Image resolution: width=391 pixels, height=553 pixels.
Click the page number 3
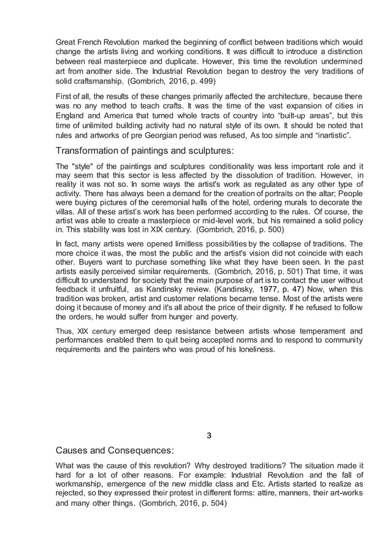[209, 436]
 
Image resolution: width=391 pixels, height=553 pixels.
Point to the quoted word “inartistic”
[321, 135]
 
